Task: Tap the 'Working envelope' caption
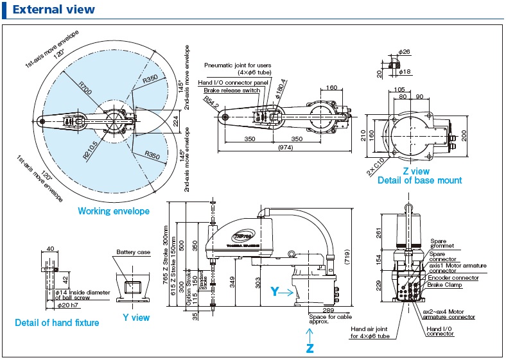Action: [x=114, y=211]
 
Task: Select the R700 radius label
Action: [x=85, y=89]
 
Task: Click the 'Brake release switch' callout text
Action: [x=233, y=91]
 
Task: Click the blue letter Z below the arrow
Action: [x=310, y=348]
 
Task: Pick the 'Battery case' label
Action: [x=134, y=253]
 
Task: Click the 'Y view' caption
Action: [x=135, y=318]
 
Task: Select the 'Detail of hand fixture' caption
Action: [x=57, y=323]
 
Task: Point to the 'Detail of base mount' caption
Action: [x=419, y=180]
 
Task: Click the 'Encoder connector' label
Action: [x=453, y=278]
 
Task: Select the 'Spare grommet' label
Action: [x=442, y=243]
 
